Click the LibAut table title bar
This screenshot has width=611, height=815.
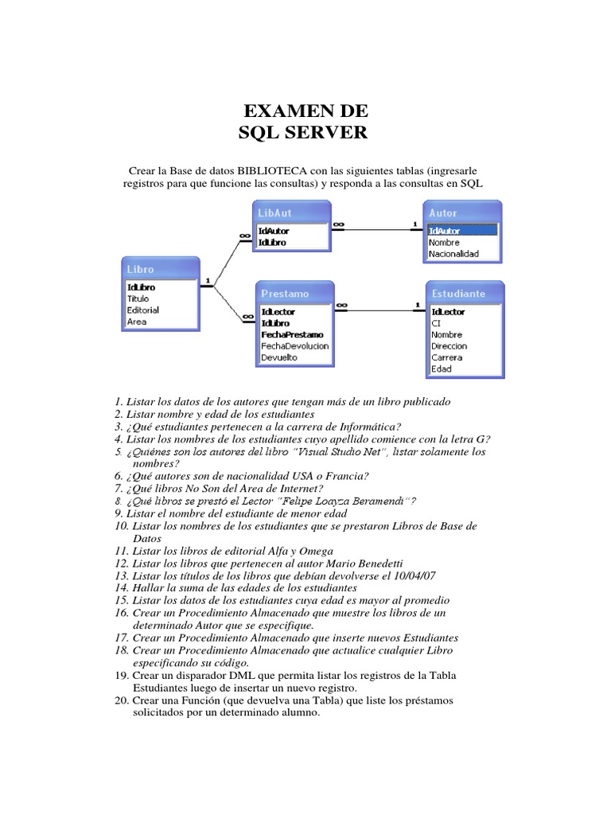pyautogui.click(x=290, y=213)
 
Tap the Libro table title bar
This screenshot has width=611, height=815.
pyautogui.click(x=160, y=269)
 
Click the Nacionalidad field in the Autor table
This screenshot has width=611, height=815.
pyautogui.click(x=453, y=254)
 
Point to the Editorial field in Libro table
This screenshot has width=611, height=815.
pyautogui.click(x=143, y=310)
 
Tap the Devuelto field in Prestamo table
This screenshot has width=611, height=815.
pyautogui.click(x=279, y=357)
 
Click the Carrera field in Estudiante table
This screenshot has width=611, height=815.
pyautogui.click(x=446, y=357)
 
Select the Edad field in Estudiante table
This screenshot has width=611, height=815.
pyautogui.click(x=442, y=369)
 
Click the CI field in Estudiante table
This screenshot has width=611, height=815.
pyautogui.click(x=436, y=324)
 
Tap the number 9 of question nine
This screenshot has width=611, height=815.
pyautogui.click(x=118, y=513)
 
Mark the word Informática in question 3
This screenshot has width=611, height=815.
pyautogui.click(x=358, y=427)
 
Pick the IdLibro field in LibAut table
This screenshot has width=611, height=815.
pyautogui.click(x=272, y=242)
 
